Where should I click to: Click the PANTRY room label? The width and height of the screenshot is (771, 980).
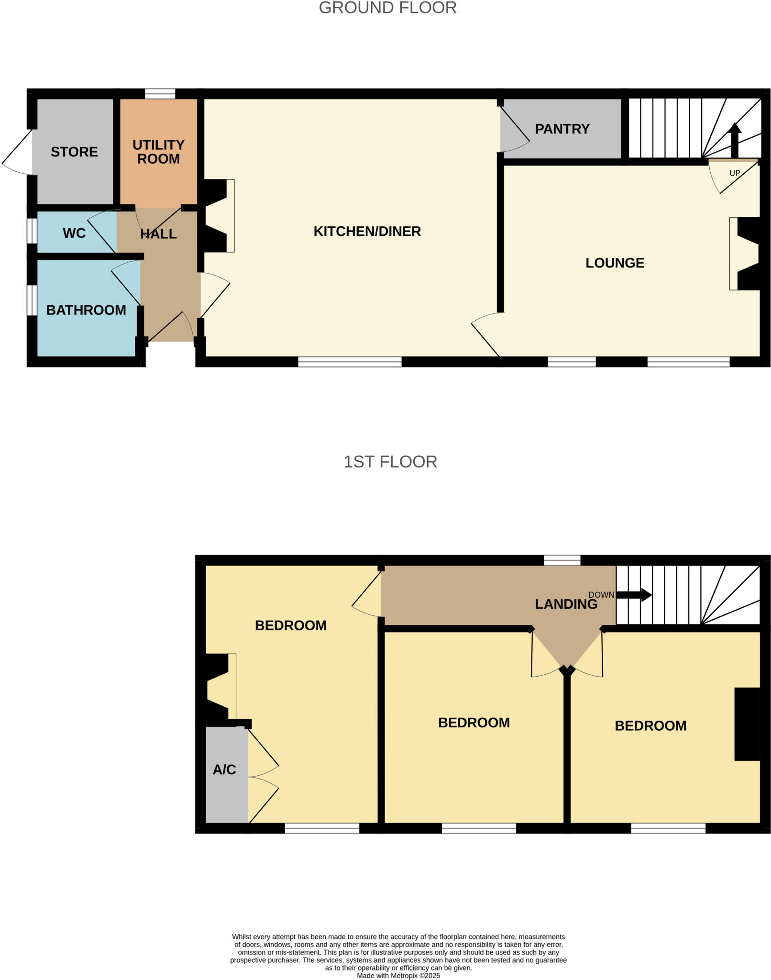(x=562, y=129)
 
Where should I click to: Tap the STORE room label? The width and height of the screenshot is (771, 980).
(x=74, y=152)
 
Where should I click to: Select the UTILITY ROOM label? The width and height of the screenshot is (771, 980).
(x=158, y=152)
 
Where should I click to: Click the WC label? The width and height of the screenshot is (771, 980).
(x=74, y=233)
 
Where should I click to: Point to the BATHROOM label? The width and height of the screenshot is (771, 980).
(x=86, y=310)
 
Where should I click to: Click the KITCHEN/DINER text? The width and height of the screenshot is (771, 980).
(x=367, y=232)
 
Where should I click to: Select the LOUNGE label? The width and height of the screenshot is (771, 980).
(x=615, y=263)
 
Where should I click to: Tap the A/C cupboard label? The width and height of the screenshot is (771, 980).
(x=224, y=769)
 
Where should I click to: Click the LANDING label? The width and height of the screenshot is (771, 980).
(x=566, y=604)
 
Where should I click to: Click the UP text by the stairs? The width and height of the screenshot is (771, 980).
(x=734, y=173)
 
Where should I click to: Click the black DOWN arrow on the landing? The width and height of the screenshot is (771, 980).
(x=634, y=595)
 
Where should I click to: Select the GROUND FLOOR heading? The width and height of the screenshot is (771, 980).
(x=387, y=8)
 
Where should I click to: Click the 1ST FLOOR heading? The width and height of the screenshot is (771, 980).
(x=390, y=462)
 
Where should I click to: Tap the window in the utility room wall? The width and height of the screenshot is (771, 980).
(x=160, y=93)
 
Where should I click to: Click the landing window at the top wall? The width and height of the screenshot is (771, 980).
(x=562, y=560)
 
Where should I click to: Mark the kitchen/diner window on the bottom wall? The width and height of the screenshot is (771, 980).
(x=350, y=362)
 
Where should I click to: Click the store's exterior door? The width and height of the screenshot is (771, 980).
(x=17, y=152)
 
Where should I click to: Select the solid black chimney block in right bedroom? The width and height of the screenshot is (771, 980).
(x=747, y=724)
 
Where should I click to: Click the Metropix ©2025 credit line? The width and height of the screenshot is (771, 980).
(x=398, y=975)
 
